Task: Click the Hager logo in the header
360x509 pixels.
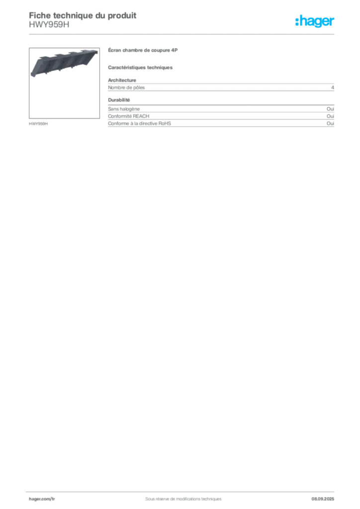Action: pos(315,21)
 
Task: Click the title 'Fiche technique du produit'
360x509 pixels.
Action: pos(83,15)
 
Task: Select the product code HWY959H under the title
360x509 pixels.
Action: pos(49,25)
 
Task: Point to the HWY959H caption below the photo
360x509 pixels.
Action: pos(38,124)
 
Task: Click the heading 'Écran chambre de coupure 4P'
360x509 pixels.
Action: pos(143,50)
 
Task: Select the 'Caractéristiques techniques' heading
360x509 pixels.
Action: pos(140,68)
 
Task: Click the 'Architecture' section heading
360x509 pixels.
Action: pos(122,80)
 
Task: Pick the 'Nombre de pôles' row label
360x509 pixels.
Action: pos(126,87)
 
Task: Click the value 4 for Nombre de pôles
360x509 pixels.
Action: pos(333,87)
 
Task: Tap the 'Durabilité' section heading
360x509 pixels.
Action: pos(119,100)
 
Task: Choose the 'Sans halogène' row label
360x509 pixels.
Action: pos(124,109)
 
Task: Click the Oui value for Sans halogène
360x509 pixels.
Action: pos(331,109)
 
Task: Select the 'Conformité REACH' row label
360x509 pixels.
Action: pos(129,116)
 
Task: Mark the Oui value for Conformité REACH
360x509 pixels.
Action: pos(331,116)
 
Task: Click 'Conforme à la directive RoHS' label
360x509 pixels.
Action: pos(139,123)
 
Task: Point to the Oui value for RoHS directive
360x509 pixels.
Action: pos(331,123)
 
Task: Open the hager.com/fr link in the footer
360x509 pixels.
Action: pos(42,499)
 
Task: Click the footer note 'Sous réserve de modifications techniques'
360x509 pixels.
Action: pos(183,499)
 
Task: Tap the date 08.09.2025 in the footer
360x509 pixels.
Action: pos(323,499)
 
